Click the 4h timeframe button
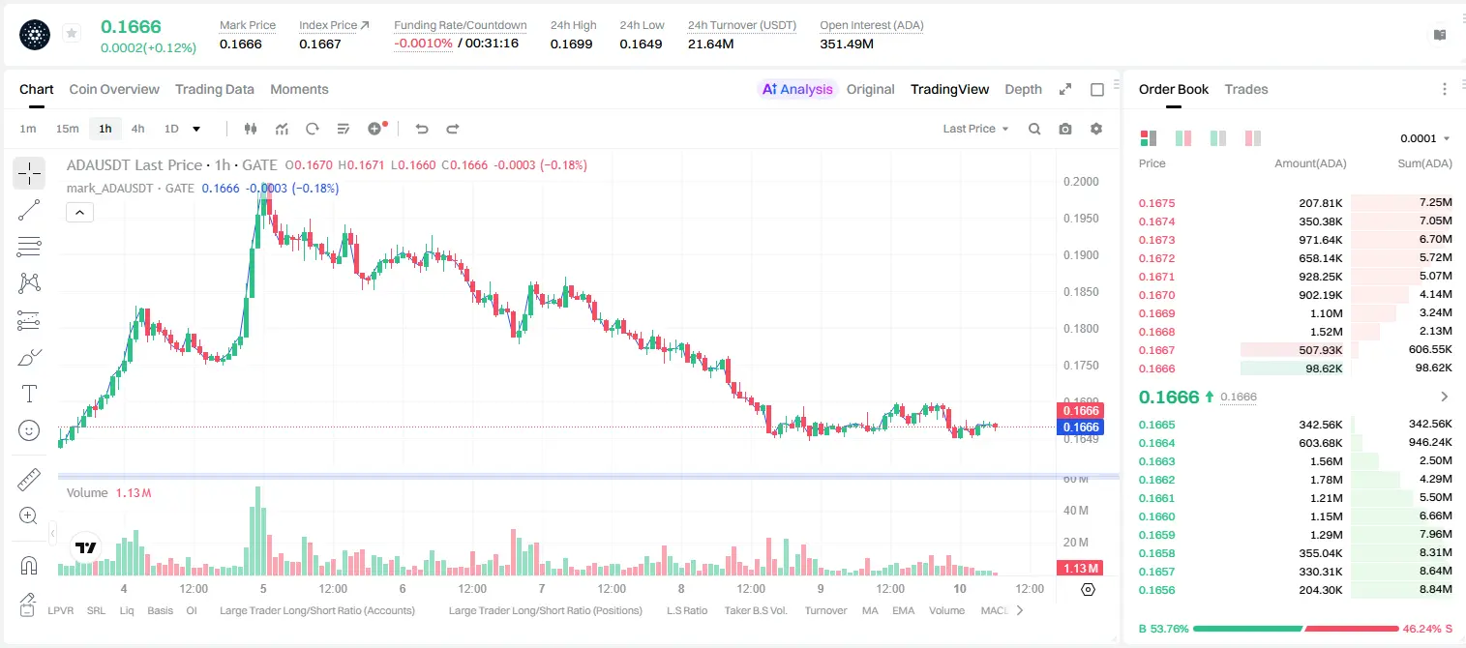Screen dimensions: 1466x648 click(137, 129)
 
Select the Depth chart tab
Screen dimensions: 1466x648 click(1023, 90)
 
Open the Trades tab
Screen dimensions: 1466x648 click(1246, 90)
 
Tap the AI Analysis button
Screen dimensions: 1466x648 click(797, 90)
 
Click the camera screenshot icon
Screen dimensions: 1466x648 click(1065, 129)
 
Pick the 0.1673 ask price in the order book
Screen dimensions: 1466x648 click(1156, 240)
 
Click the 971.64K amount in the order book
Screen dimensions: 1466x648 click(1320, 240)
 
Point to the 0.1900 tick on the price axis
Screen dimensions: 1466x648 click(1081, 255)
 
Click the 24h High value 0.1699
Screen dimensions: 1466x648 click(571, 44)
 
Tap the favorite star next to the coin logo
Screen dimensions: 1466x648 click(72, 33)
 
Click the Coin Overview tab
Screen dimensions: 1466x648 click(114, 90)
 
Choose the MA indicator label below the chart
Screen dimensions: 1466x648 click(870, 610)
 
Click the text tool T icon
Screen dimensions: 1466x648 click(29, 394)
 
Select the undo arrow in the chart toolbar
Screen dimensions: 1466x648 click(422, 129)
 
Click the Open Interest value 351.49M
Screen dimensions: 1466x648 click(847, 44)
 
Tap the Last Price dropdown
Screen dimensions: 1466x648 click(975, 129)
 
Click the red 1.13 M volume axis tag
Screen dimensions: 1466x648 click(1080, 569)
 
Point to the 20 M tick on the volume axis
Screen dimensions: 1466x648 click(1076, 542)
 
